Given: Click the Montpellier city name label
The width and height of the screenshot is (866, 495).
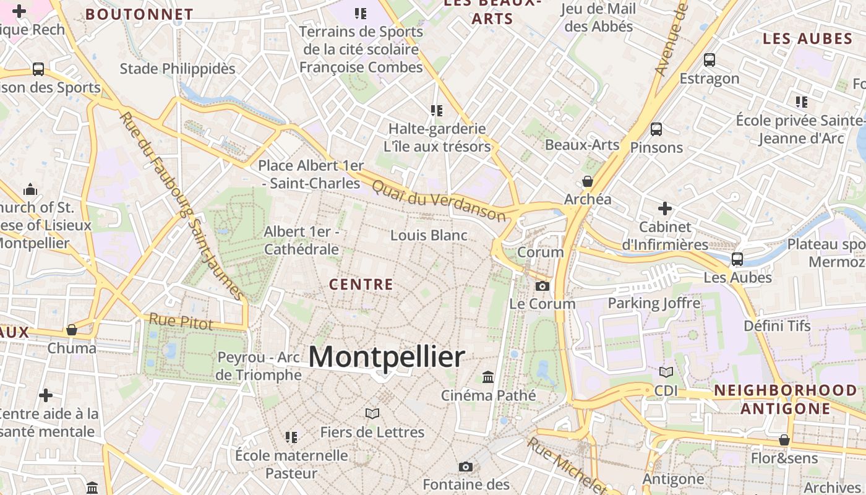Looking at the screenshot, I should pyautogui.click(x=387, y=357).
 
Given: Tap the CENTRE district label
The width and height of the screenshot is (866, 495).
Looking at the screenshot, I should pyautogui.click(x=361, y=285).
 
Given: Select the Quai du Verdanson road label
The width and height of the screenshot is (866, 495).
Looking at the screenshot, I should pyautogui.click(x=439, y=200).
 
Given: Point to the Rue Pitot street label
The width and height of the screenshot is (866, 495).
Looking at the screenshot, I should pyautogui.click(x=181, y=322).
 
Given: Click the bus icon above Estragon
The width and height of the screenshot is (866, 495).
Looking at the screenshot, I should pyautogui.click(x=710, y=60).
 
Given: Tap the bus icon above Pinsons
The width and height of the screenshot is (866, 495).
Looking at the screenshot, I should pyautogui.click(x=656, y=129).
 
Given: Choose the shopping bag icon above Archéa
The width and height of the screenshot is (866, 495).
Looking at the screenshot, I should pyautogui.click(x=587, y=181).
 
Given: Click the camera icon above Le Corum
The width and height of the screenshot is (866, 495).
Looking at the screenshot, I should pyautogui.click(x=542, y=286).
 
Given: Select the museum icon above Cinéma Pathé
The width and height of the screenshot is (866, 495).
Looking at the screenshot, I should pyautogui.click(x=488, y=377).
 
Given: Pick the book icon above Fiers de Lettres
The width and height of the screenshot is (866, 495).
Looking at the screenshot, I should pyautogui.click(x=372, y=413).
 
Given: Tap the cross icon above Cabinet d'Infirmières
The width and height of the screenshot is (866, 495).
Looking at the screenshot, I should pyautogui.click(x=665, y=209).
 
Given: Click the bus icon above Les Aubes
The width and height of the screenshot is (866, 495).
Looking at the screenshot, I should pyautogui.click(x=737, y=259).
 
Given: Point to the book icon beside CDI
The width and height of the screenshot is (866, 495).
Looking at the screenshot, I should pyautogui.click(x=666, y=372).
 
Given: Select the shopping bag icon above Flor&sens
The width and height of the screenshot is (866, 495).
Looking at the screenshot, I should pyautogui.click(x=784, y=440).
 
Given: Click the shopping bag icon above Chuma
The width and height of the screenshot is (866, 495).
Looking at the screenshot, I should pyautogui.click(x=72, y=330).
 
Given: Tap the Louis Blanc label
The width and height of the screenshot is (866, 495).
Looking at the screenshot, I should pyautogui.click(x=429, y=235).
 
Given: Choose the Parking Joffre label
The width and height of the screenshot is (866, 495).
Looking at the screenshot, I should pyautogui.click(x=654, y=303).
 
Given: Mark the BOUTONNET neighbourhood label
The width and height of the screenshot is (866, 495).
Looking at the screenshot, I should pyautogui.click(x=139, y=14).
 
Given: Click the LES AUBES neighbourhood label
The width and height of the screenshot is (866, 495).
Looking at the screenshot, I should pyautogui.click(x=807, y=39).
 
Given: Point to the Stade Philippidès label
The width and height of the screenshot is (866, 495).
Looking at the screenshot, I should pyautogui.click(x=178, y=68).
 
